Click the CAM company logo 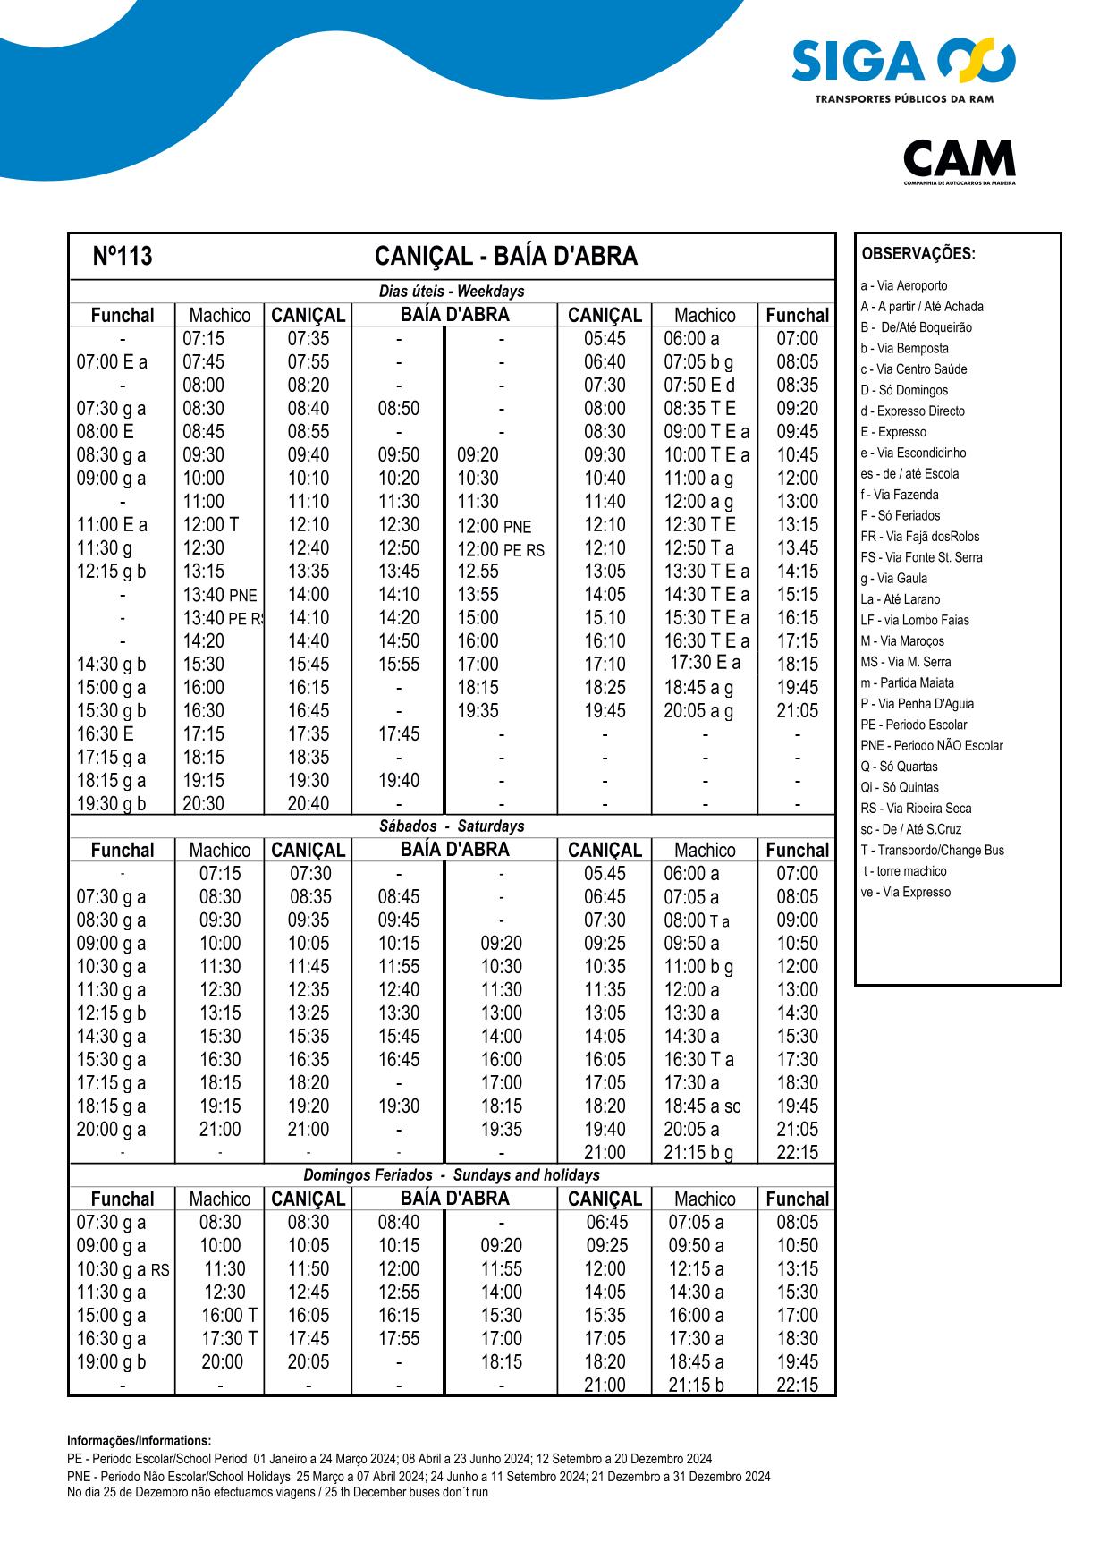pos(959,161)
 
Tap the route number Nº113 pos(123,257)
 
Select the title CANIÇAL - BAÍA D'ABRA pos(505,257)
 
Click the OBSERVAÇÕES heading pos(918,254)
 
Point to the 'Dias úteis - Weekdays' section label pos(452,292)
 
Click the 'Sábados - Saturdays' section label pos(452,826)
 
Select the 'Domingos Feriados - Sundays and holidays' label pos(452,1175)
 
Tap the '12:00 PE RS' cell pos(501,549)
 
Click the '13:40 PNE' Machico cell pos(220,595)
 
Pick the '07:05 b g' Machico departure pos(698,362)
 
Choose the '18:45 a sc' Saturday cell pos(702,1106)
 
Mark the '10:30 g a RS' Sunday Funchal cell pos(123,1269)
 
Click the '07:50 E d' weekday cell pos(699,386)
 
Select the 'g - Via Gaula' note pos(893,579)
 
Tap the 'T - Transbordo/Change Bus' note pos(932,851)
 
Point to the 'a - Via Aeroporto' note pos(903,286)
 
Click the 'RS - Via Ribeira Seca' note pos(916,809)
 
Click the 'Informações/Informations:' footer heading pos(139,1441)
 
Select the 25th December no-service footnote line pos(277,1492)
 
